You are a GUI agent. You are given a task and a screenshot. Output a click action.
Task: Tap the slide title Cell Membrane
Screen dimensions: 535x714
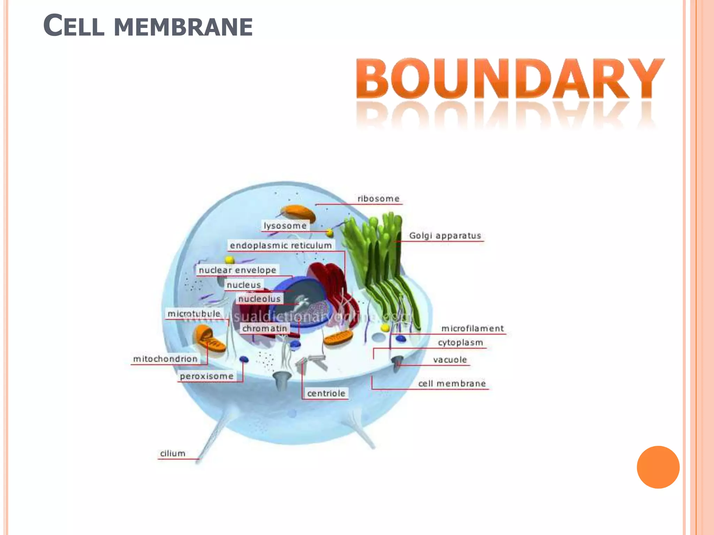148,26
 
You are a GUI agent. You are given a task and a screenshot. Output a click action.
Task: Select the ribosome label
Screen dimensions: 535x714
378,199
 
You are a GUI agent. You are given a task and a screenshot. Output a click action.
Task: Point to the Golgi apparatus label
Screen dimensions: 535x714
445,236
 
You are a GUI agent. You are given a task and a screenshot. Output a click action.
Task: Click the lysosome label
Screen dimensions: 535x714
285,226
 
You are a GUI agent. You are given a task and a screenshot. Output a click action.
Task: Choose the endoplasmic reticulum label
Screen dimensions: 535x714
281,246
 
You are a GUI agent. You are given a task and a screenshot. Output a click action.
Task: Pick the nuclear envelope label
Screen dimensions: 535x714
237,270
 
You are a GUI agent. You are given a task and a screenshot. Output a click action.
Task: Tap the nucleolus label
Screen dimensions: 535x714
259,299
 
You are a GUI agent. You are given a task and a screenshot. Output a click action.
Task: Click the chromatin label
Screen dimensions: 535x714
265,328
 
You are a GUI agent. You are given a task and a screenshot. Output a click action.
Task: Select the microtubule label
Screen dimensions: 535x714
194,314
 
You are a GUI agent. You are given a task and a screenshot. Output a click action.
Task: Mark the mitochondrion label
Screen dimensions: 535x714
165,359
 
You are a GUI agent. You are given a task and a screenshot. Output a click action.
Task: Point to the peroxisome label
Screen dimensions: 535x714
207,376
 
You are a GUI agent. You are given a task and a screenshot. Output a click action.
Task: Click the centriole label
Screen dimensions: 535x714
326,394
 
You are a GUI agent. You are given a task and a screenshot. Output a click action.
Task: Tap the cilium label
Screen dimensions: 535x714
173,453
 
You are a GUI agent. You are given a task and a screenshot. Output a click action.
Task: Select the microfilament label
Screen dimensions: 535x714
472,328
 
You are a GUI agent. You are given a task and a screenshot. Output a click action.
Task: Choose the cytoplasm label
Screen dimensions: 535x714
461,343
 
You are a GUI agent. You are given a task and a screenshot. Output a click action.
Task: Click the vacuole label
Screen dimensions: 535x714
450,360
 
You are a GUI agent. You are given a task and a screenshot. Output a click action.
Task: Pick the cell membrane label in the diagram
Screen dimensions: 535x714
452,383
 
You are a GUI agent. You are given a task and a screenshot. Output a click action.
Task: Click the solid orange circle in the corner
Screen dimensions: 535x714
658,467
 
